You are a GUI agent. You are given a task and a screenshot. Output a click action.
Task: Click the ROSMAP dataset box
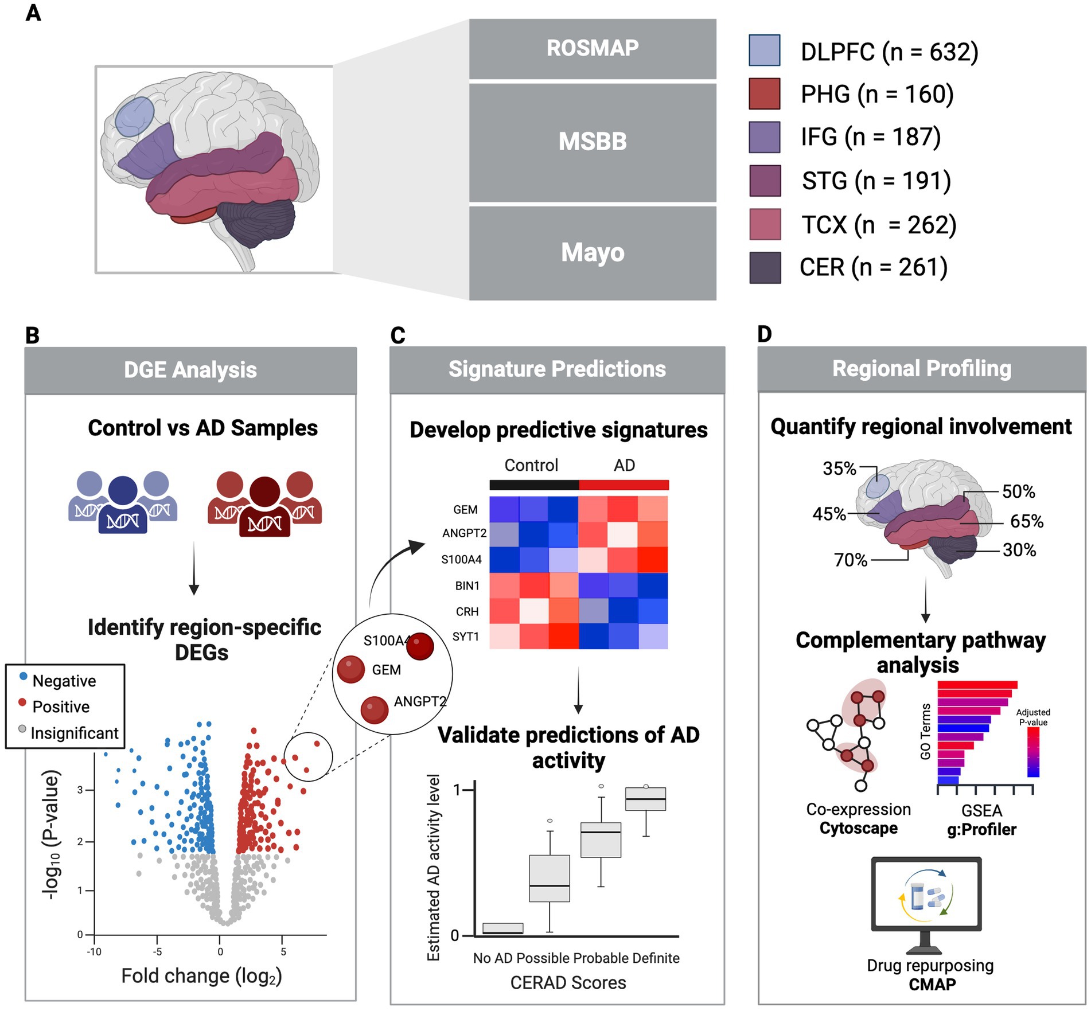(592, 49)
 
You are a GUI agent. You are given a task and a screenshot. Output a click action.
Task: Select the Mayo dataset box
(592, 252)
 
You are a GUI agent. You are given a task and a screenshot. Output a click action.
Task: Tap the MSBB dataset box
(592, 142)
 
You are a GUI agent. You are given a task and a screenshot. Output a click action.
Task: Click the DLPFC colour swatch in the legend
(764, 50)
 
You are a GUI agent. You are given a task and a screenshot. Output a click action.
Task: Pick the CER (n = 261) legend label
(873, 267)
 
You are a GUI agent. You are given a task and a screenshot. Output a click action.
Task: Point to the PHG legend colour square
(764, 93)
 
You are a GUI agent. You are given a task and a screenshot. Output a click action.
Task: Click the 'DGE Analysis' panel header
(190, 370)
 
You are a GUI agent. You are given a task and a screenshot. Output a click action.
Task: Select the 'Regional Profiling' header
(921, 369)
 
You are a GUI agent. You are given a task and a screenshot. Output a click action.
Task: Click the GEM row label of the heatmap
(465, 510)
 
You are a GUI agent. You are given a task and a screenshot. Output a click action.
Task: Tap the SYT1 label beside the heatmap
(465, 637)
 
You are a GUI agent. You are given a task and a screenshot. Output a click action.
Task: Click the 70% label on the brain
(850, 560)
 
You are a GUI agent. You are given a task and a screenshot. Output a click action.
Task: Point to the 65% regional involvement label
(1026, 521)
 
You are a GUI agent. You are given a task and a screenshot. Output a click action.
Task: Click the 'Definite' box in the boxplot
(645, 799)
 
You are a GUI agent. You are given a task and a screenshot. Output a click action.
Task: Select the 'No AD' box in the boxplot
(502, 928)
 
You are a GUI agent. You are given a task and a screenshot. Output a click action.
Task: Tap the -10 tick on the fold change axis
(94, 952)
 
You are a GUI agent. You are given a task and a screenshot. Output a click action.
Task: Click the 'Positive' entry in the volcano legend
(61, 706)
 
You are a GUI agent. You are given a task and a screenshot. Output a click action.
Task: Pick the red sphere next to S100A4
(420, 646)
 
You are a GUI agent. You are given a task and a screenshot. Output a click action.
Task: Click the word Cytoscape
(858, 828)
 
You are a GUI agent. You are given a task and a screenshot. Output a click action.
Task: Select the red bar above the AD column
(624, 485)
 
